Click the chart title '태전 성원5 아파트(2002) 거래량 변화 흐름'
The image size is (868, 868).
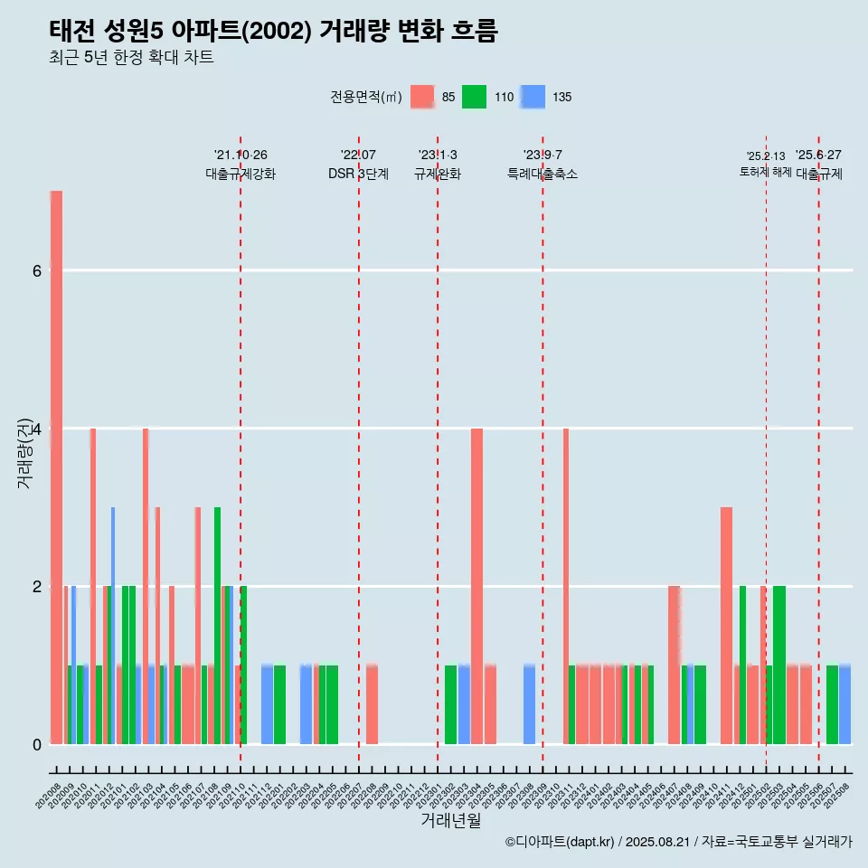point(273,31)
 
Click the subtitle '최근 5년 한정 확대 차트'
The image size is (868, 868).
point(131,58)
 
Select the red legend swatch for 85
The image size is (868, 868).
point(422,97)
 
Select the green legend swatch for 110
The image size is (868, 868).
point(474,97)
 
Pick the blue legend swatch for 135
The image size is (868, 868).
point(533,97)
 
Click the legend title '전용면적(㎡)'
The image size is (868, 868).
point(366,97)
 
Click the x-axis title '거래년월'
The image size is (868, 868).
point(450,820)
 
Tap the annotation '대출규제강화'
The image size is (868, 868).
point(241,175)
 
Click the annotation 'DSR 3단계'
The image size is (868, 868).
point(358,175)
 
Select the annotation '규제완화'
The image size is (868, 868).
point(438,175)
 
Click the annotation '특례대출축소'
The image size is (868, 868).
point(542,175)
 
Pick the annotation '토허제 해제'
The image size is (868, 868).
point(765,172)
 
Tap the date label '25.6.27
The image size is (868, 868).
point(818,155)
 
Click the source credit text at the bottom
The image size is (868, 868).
point(678,842)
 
